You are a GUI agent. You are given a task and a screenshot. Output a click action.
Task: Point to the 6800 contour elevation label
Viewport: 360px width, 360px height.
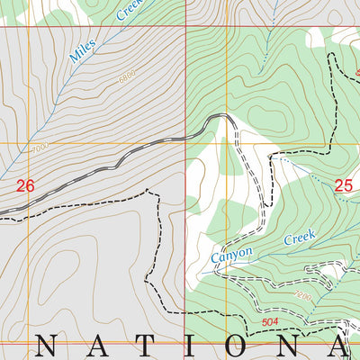coord(127,78)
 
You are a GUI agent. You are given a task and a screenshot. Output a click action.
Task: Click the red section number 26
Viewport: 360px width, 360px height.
coord(25,186)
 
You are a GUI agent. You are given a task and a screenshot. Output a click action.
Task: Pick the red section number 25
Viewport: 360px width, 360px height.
coord(344,185)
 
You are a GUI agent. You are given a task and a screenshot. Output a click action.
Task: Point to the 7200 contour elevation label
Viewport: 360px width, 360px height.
coord(302,294)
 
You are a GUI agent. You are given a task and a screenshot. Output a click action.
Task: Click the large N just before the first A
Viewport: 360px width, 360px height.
coord(52,345)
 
